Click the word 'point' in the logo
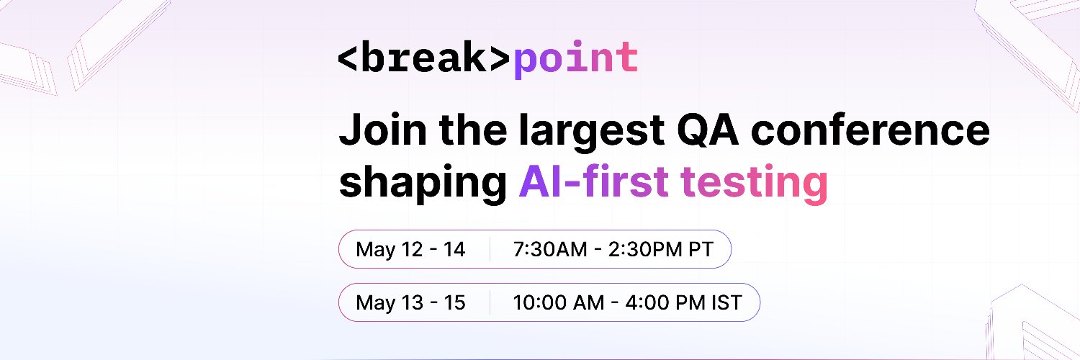[x=576, y=60]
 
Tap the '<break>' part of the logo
[x=425, y=58]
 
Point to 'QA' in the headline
[x=708, y=130]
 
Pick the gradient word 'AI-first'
[x=593, y=181]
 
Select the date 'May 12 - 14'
[x=410, y=250]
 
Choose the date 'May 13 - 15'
[x=410, y=303]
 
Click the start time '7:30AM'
[x=550, y=250]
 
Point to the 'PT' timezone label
[x=701, y=250]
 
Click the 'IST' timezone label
[x=726, y=303]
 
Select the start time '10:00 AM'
[x=558, y=303]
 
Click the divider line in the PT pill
[x=490, y=249]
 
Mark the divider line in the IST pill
[x=490, y=302]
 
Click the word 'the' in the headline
[x=473, y=130]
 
